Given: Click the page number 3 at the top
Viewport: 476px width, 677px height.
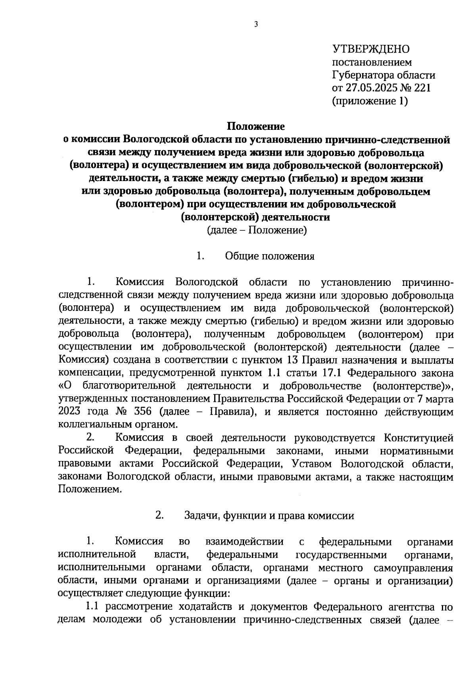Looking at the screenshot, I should click(x=256, y=25).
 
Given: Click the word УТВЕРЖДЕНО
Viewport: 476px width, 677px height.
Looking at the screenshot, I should click(x=370, y=49).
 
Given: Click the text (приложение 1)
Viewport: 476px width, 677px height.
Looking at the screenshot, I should click(x=370, y=101).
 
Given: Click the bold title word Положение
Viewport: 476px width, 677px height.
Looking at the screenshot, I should click(x=256, y=127).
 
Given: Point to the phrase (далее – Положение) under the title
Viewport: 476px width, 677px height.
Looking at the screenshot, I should click(x=257, y=230).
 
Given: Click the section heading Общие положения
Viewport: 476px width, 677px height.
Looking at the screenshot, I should click(x=270, y=256).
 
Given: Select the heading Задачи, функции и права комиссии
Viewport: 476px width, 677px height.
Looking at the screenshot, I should click(x=269, y=516).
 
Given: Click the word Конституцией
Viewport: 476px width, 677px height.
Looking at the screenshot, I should click(x=418, y=438).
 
